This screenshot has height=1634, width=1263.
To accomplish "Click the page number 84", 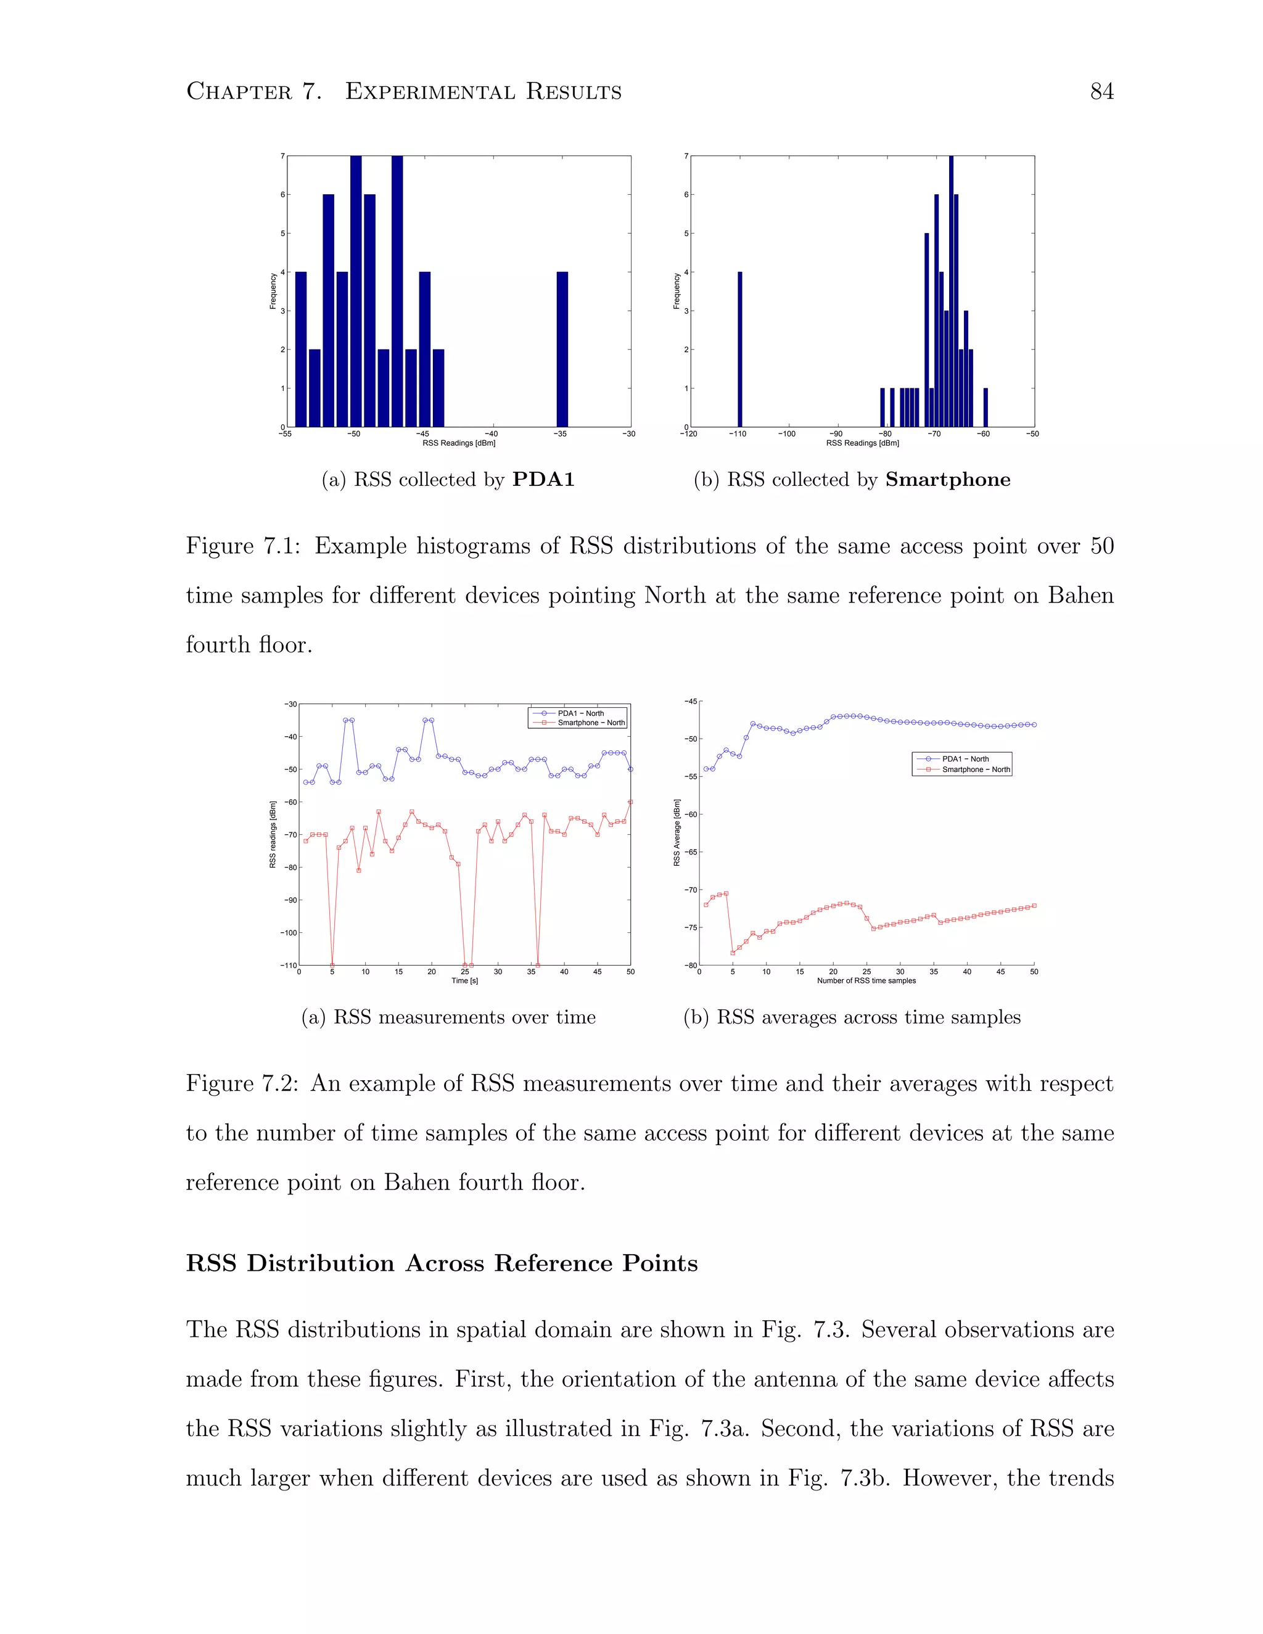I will (x=1101, y=91).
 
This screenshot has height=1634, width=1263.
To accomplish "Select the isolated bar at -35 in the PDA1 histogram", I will (x=562, y=350).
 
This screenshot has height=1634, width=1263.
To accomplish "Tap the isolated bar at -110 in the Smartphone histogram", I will (x=739, y=350).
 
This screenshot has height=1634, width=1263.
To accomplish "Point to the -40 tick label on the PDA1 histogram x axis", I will (x=491, y=434).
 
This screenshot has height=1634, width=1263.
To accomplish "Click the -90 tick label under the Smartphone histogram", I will (x=836, y=434).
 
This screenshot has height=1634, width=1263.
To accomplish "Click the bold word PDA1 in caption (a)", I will (x=543, y=480).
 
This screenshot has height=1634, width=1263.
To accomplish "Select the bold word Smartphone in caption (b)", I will (x=947, y=480).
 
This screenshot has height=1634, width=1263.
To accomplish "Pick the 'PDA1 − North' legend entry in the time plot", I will (x=580, y=713).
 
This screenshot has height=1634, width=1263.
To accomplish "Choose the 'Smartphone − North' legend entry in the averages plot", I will (x=975, y=769).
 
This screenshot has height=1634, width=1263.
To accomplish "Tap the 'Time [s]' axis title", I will (x=464, y=981).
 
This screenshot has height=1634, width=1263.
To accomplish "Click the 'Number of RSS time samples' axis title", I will (x=866, y=981).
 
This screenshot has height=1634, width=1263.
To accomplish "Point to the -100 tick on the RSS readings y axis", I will (x=289, y=933).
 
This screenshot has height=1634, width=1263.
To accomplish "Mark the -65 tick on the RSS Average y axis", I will (x=691, y=852).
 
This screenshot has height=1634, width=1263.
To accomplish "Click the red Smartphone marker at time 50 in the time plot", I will (x=631, y=802).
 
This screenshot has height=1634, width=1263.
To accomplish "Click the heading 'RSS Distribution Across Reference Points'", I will (x=442, y=1263).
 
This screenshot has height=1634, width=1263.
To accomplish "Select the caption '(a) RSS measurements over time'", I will (x=448, y=1017).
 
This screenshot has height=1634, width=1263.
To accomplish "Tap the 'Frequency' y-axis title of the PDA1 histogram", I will (x=273, y=291).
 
